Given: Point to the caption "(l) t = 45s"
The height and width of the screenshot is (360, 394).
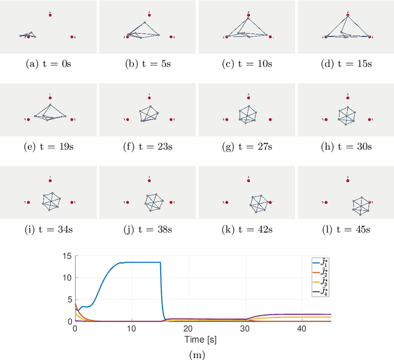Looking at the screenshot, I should point(345,231).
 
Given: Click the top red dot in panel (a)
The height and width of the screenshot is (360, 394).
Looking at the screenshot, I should point(50,14).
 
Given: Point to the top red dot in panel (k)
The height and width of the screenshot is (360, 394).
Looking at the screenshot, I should point(249,179).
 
